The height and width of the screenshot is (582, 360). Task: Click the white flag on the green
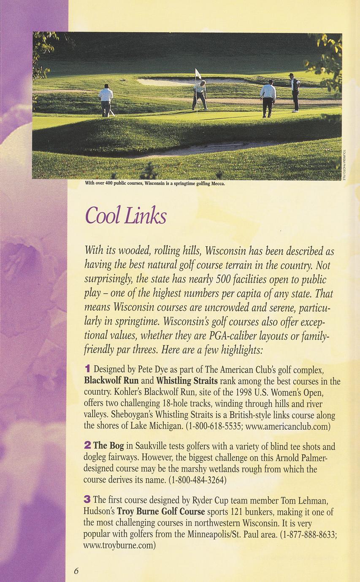198,74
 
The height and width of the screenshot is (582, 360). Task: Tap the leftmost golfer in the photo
106,100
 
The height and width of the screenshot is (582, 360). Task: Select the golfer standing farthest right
295,92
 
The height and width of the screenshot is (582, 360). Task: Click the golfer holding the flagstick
200,94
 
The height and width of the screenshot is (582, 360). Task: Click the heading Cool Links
125,216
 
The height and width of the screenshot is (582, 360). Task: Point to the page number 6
76,571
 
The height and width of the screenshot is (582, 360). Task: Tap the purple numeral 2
87,445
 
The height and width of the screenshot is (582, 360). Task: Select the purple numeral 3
87,500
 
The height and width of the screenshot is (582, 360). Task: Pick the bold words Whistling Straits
187,380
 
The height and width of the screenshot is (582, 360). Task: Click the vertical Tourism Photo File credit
344,164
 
